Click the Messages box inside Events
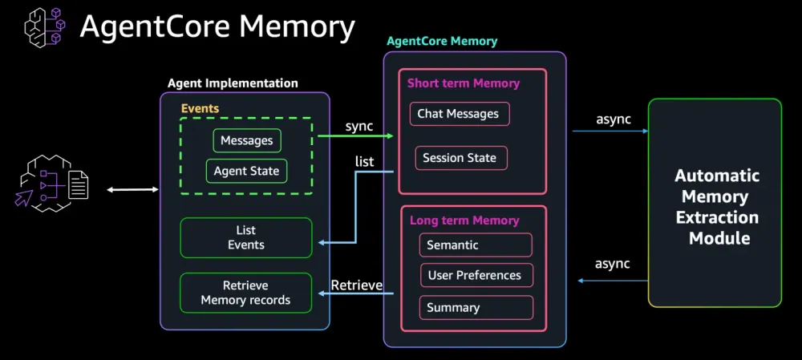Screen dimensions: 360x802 (247, 140)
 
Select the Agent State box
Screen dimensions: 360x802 (246, 171)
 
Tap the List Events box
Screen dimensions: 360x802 (246, 238)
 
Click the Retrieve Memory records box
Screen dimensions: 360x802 (245, 293)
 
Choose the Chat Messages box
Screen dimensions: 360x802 (459, 114)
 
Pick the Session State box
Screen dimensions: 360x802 (460, 158)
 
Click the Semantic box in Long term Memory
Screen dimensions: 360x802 (476, 245)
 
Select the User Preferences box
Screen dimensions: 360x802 (476, 275)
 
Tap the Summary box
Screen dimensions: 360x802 (476, 307)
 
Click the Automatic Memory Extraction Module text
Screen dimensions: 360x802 (716, 207)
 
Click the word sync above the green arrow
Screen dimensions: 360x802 (359, 126)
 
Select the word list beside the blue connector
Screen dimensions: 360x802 (364, 162)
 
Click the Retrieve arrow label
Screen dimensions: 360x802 (357, 285)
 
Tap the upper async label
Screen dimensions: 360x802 (614, 119)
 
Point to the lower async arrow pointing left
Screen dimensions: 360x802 (613, 281)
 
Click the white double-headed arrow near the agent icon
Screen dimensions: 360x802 (133, 189)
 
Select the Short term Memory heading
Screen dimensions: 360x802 (464, 83)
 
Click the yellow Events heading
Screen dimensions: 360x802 (200, 108)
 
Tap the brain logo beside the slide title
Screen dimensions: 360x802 (46, 26)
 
